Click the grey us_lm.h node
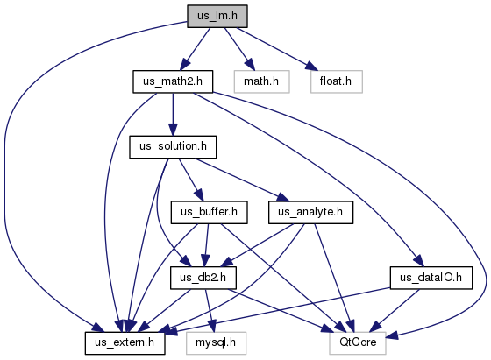click(217, 16)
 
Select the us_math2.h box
click(173, 81)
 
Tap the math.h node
click(261, 81)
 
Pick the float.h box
click(337, 81)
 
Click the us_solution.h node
click(173, 147)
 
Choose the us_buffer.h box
click(210, 212)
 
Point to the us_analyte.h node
click(310, 212)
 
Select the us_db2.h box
click(203, 278)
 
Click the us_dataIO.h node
click(431, 278)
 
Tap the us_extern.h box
click(125, 343)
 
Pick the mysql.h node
click(216, 343)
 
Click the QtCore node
click(358, 343)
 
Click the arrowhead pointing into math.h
click(250, 65)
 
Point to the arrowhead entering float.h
click(311, 66)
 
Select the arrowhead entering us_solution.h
click(173, 130)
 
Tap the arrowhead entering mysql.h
click(212, 326)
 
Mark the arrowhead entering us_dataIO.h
click(419, 261)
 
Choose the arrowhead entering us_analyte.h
click(282, 197)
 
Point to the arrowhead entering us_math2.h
click(185, 65)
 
